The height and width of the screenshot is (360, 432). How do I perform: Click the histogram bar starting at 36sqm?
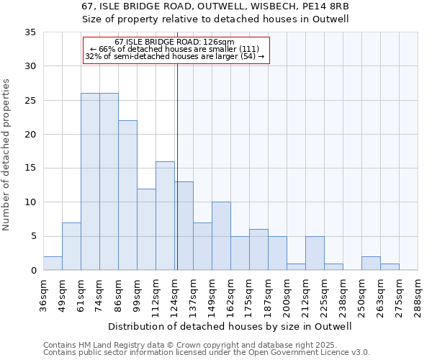(53, 264)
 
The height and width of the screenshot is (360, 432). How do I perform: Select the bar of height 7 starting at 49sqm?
(71, 246)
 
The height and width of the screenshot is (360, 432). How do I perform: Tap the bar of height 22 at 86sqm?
(127, 195)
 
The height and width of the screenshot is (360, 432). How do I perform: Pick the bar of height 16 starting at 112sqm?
(165, 216)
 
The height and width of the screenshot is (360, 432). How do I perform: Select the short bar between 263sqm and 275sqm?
(390, 267)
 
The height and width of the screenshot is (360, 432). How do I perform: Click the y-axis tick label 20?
(30, 135)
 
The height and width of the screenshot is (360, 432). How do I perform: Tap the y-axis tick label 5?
(33, 237)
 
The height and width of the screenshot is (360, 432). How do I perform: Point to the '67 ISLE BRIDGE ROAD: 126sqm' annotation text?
(175, 42)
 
